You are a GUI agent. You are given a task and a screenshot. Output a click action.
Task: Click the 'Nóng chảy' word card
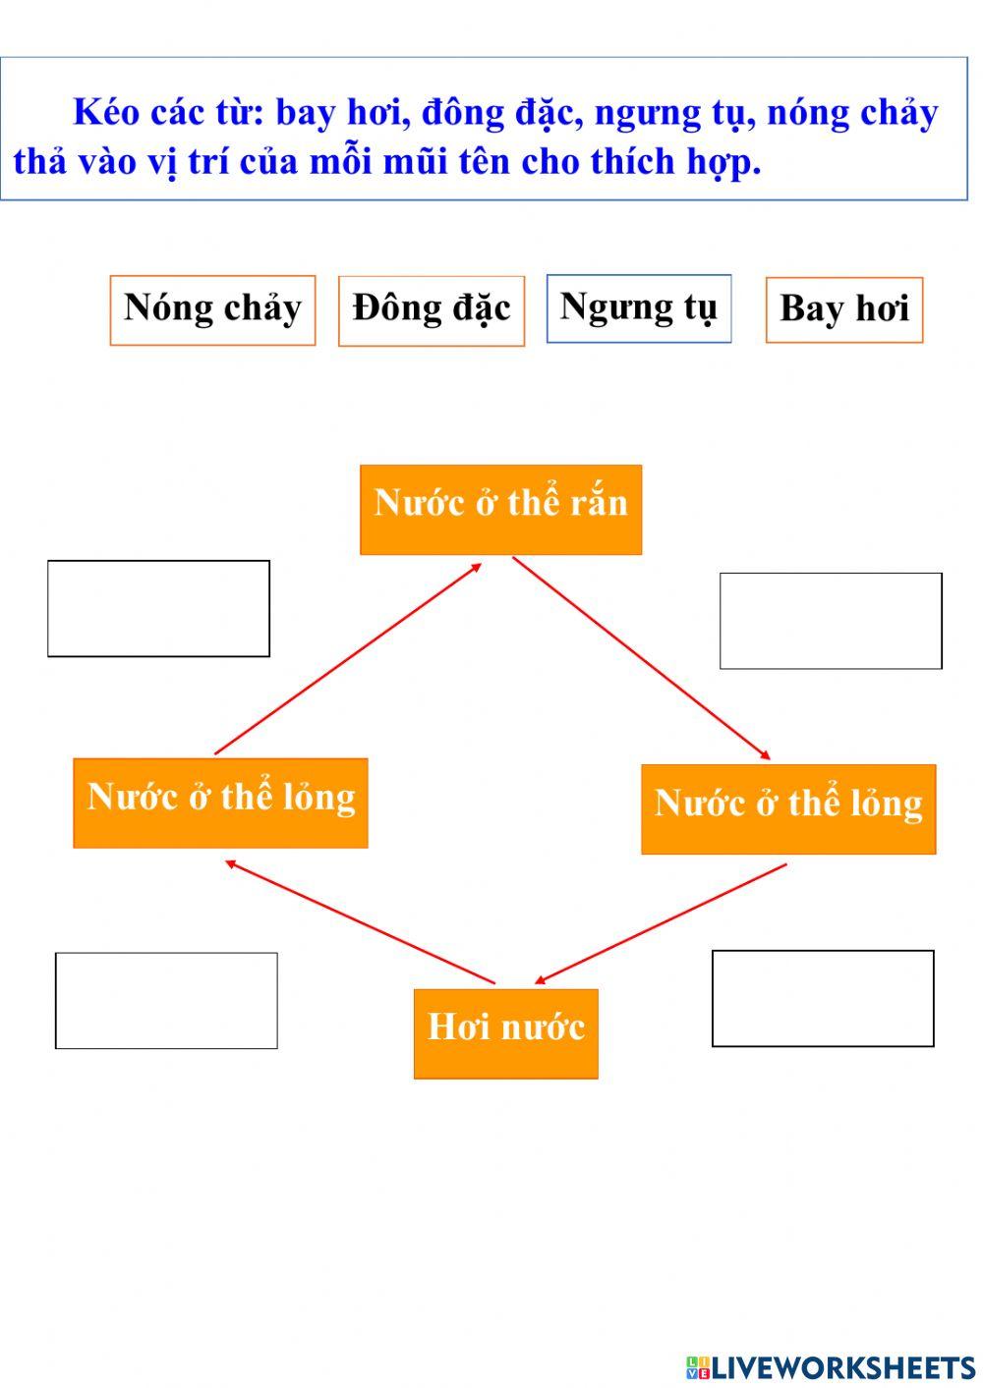212,309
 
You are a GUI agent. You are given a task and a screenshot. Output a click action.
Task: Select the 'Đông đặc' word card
432,310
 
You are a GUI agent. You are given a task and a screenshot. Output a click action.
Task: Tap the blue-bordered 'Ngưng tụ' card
639,308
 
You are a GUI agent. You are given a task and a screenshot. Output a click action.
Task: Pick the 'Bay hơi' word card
844,309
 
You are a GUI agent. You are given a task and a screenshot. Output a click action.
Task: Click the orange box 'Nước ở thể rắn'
500,509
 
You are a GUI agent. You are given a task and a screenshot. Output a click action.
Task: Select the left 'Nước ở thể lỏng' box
220,802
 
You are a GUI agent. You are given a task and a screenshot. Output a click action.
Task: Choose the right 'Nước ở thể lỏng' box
788,808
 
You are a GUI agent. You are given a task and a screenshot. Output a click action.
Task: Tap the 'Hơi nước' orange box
505,1032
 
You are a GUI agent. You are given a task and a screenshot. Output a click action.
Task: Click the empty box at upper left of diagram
158,608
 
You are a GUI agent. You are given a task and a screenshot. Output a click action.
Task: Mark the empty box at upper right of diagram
831,621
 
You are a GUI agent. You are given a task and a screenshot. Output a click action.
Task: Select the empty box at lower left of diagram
166,1000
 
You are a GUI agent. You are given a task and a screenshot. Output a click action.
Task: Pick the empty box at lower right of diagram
823,998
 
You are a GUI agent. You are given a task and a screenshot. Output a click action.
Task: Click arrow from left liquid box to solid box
348,658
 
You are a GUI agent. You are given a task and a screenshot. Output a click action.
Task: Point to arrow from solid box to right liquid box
641,658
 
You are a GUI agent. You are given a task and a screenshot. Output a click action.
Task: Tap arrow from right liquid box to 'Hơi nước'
662,923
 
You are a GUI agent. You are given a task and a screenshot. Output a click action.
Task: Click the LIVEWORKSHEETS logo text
842,1367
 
